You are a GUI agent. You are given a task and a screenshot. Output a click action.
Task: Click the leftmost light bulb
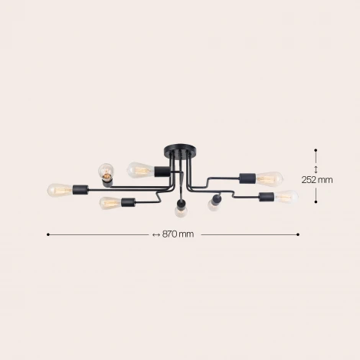59,188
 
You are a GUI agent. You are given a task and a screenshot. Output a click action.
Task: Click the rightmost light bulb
286,197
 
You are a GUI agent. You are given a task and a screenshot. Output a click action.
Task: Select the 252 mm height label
316,180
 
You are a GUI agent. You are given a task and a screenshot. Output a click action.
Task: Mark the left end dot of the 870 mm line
48,234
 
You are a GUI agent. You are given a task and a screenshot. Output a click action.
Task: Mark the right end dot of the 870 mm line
298,234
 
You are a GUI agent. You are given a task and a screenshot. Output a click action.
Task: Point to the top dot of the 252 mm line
316,151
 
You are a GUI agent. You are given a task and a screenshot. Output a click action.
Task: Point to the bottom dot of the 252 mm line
316,202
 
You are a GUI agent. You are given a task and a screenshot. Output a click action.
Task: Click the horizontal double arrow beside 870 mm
155,234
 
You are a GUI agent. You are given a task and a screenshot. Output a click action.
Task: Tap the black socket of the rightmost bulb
267,198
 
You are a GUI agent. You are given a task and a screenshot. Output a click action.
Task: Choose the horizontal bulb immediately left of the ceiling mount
139,167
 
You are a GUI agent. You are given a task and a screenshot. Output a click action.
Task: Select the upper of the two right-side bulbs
269,179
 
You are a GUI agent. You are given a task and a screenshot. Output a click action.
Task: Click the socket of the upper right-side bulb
248,178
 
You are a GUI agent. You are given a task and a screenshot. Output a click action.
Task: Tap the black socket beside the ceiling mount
162,170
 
